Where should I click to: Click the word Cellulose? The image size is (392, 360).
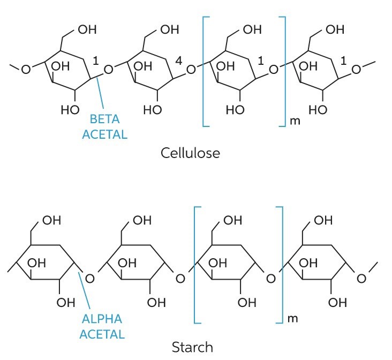click(191, 153)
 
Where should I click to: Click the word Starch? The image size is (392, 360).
click(192, 347)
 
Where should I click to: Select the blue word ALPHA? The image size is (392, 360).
click(102, 319)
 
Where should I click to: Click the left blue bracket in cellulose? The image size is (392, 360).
click(205, 72)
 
